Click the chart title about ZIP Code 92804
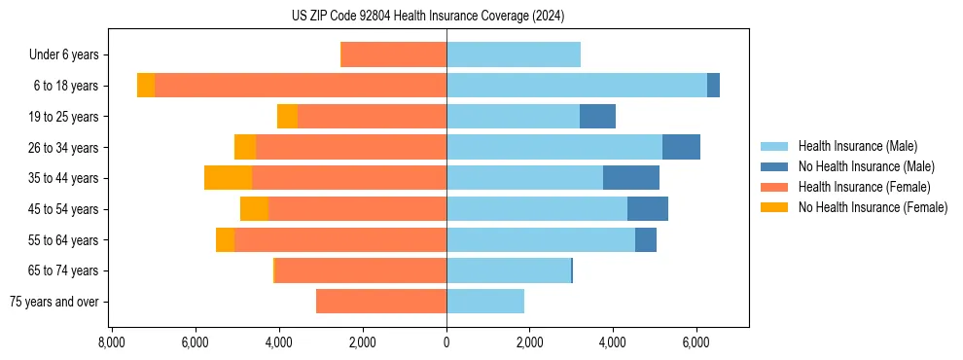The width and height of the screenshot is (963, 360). click(x=428, y=17)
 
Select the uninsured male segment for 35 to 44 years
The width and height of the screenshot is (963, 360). click(x=631, y=178)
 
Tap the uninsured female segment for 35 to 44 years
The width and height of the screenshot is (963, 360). click(x=228, y=178)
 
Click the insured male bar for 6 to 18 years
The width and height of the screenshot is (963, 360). click(x=577, y=86)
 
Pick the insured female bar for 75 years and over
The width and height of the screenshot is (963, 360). click(x=381, y=302)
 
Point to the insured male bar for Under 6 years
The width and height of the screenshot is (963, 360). click(x=514, y=54)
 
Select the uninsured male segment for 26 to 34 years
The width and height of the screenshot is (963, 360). click(x=681, y=147)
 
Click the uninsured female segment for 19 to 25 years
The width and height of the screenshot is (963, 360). click(x=287, y=117)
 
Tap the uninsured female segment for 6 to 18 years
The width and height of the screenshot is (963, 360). click(x=146, y=86)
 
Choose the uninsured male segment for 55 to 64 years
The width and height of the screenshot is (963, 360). click(x=646, y=239)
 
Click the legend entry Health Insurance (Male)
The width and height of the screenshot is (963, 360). click(x=857, y=146)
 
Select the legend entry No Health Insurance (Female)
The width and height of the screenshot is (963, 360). click(x=873, y=207)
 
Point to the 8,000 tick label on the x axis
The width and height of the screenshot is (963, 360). click(x=111, y=342)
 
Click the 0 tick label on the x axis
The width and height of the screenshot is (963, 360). click(x=446, y=342)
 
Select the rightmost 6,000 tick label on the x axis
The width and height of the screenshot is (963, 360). click(x=696, y=342)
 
